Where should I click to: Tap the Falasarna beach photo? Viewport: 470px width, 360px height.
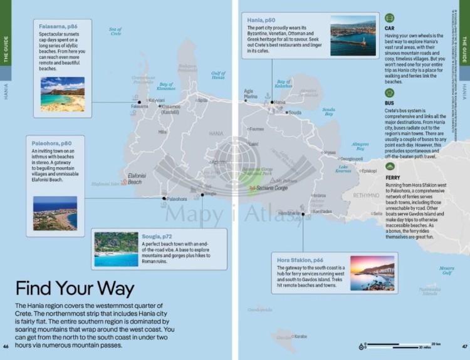(62, 95)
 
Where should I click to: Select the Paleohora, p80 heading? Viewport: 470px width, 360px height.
(51, 142)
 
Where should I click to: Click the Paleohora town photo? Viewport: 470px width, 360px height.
(55, 213)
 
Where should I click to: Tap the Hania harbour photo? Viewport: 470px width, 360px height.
(353, 36)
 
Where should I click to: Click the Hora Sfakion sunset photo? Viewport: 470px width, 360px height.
(372, 273)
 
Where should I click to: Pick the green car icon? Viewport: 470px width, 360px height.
(389, 18)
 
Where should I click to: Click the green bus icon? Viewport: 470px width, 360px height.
(389, 93)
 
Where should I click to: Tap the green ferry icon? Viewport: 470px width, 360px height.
(389, 167)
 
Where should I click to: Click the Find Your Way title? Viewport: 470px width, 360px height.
(75, 289)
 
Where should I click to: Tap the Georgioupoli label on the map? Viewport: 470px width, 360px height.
(352, 159)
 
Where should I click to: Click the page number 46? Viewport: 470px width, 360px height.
(6, 346)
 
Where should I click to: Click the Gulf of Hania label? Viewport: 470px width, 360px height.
(217, 75)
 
